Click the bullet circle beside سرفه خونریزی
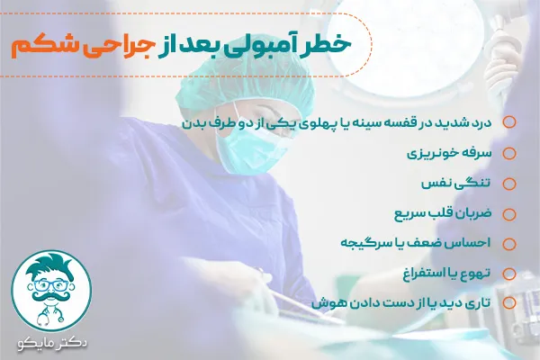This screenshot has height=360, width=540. pos(509,153)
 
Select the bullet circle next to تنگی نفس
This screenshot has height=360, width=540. pos(509,184)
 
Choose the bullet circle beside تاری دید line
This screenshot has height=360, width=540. pos(509,303)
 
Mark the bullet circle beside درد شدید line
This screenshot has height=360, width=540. pos(509,122)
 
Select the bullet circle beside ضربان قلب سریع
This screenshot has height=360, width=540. pos(509,214)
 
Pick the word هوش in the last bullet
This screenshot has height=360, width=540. pos(327,303)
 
